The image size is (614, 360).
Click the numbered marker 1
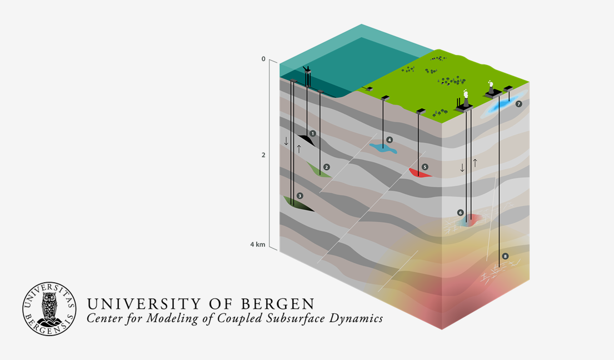313,133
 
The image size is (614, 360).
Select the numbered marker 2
327,167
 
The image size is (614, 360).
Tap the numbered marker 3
300,196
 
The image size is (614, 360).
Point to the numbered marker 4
390,140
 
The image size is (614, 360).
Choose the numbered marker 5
425,167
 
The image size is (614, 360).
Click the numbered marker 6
460,212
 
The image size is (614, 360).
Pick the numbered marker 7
518,104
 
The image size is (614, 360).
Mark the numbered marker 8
505,256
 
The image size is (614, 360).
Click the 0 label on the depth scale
263,59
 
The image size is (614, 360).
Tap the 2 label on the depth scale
263,155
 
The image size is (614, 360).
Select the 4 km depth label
257,244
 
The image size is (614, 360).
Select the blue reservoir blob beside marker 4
383,149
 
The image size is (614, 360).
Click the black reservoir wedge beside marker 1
306,139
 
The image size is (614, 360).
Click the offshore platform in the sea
307,75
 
